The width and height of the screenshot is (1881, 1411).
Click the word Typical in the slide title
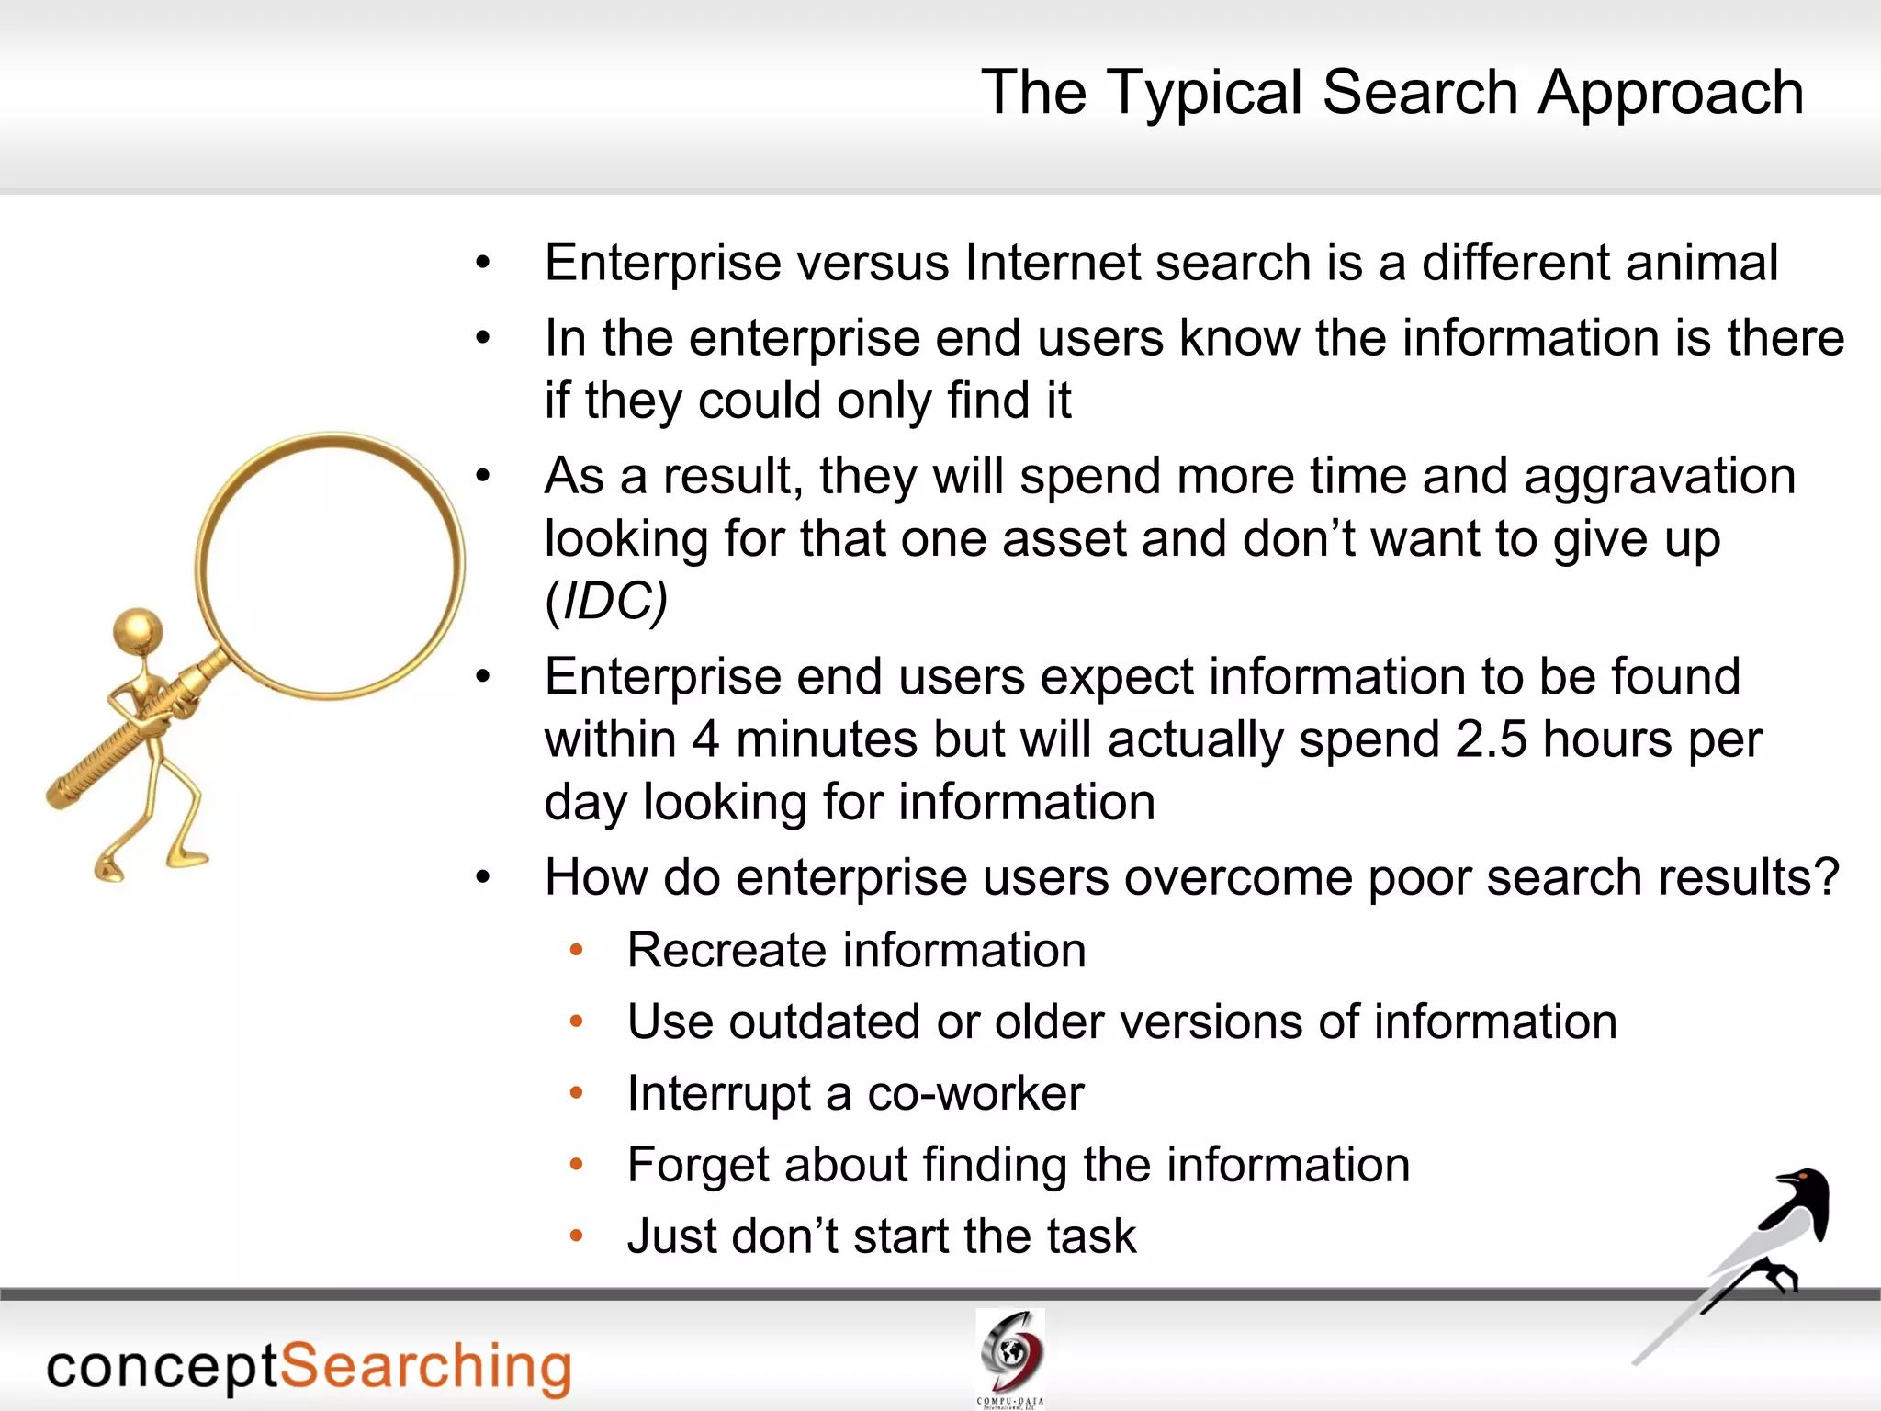1204,94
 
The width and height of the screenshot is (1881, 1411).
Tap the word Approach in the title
1671,94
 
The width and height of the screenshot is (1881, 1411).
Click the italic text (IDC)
606,602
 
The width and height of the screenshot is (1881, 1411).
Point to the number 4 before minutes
704,739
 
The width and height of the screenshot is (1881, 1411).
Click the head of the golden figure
139,631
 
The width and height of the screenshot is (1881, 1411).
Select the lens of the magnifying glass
331,565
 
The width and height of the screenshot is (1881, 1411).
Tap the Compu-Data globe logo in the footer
1010,1351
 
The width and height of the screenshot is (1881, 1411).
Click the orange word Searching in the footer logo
425,1367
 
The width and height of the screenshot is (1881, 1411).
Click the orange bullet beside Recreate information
577,950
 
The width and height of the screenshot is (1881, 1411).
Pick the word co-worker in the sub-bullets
975,1093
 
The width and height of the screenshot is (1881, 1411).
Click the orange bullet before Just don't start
577,1236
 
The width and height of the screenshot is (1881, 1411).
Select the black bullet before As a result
484,477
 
